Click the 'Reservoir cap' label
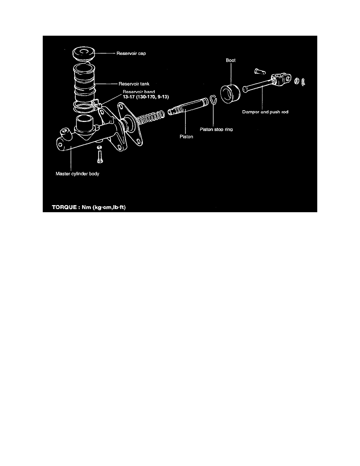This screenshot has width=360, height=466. click(131, 53)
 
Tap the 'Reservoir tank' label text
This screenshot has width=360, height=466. click(134, 84)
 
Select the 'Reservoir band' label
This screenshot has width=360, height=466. click(139, 92)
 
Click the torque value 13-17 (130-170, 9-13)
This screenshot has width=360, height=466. click(146, 97)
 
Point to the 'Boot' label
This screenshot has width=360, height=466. click(231, 60)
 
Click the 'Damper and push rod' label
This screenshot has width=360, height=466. click(265, 112)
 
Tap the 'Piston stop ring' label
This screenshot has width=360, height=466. click(216, 129)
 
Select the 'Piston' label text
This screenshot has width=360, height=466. click(186, 137)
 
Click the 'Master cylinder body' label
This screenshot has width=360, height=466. click(78, 173)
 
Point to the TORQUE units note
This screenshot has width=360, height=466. click(89, 207)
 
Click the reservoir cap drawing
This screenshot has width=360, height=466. click(84, 53)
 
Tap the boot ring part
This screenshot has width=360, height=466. click(230, 94)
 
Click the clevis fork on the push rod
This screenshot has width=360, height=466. click(281, 79)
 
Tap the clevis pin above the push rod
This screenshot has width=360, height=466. click(260, 71)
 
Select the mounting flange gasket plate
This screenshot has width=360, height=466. click(130, 124)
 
